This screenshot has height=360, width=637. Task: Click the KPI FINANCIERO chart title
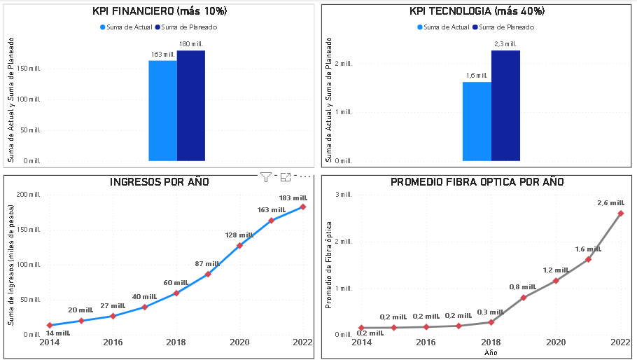click(160, 11)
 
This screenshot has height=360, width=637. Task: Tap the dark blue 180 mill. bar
click(190, 105)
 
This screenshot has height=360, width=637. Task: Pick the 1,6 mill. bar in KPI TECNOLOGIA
click(477, 122)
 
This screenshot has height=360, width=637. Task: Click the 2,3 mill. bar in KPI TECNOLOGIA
click(505, 106)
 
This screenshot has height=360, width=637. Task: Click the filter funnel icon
click(266, 177)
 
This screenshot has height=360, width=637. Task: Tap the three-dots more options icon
click(305, 177)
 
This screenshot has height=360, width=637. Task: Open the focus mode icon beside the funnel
click(286, 177)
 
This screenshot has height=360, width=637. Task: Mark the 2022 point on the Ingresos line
click(303, 207)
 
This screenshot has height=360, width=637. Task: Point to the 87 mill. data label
click(207, 264)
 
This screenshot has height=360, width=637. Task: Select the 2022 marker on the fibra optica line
click(621, 213)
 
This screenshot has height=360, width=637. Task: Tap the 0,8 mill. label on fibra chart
click(524, 287)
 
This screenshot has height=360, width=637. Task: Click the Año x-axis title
click(491, 353)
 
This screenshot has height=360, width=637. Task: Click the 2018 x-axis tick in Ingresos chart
click(176, 342)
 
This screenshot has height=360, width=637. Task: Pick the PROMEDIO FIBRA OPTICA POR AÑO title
click(477, 182)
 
